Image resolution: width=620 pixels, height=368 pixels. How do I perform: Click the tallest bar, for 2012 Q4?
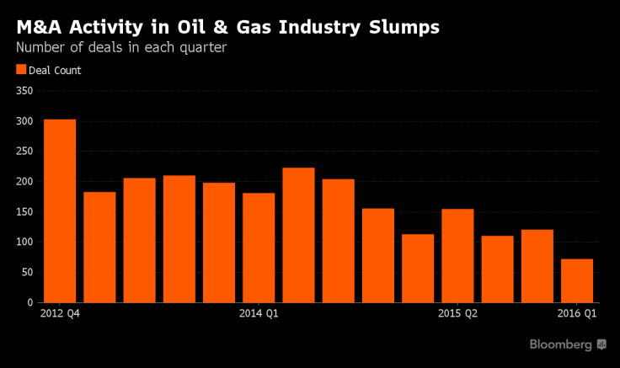point(60,211)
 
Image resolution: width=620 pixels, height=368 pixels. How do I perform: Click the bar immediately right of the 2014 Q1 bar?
point(298,235)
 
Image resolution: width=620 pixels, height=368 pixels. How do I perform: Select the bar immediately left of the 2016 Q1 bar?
point(537,265)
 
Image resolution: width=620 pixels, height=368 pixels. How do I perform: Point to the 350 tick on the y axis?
point(24,91)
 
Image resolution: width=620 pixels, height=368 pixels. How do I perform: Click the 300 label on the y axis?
point(24,121)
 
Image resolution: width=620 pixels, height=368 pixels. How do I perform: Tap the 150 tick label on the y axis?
point(24,212)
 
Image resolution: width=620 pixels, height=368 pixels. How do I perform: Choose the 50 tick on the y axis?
point(27,272)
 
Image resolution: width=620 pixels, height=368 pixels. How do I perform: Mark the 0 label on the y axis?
point(29,302)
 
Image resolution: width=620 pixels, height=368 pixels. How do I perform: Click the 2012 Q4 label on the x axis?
point(60,314)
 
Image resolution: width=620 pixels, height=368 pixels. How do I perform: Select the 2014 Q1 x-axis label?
point(259,314)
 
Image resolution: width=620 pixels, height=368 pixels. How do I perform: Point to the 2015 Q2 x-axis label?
point(457,314)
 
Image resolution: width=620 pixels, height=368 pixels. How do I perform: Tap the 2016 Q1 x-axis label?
point(577,314)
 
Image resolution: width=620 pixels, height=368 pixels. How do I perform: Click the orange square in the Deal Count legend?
point(21,71)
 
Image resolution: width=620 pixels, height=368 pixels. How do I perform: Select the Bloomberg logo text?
point(561,344)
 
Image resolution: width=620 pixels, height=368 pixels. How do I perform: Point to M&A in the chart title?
point(39,27)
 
